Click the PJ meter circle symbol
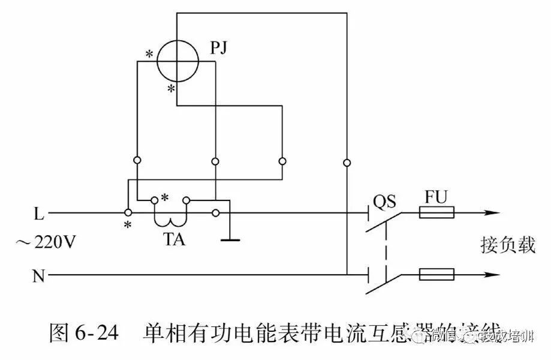point(177,61)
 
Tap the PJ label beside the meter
point(220,46)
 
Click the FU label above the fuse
point(436,197)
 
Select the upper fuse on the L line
point(436,213)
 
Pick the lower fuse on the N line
point(436,275)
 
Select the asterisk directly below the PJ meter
point(171,89)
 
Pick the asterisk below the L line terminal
point(127,225)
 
